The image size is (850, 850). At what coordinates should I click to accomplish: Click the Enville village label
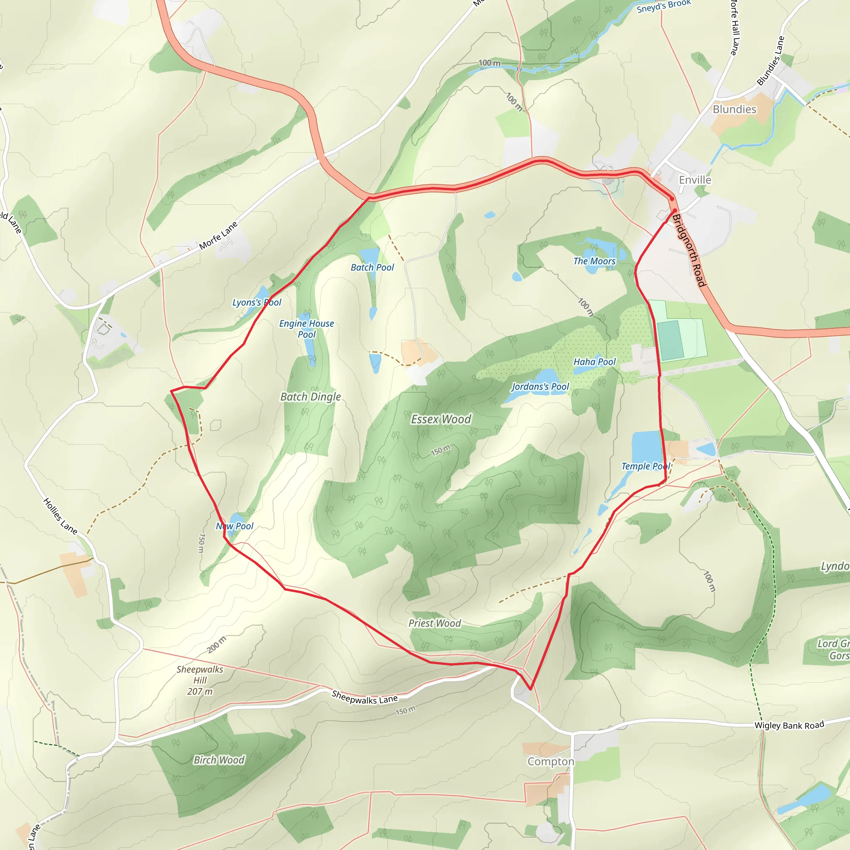pyautogui.click(x=695, y=180)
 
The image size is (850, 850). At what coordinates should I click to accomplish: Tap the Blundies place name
pyautogui.click(x=734, y=109)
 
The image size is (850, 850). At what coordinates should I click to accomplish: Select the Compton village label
pyautogui.click(x=551, y=762)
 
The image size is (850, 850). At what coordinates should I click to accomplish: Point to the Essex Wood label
pyautogui.click(x=441, y=419)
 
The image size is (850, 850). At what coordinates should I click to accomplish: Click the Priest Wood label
pyautogui.click(x=435, y=623)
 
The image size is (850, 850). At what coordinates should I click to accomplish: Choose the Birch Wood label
pyautogui.click(x=219, y=760)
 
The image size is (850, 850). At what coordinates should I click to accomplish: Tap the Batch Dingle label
pyautogui.click(x=310, y=396)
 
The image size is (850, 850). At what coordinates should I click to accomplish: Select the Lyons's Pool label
pyautogui.click(x=257, y=302)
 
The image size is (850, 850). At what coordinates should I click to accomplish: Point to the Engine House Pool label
pyautogui.click(x=307, y=329)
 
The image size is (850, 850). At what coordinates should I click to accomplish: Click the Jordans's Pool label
pyautogui.click(x=540, y=386)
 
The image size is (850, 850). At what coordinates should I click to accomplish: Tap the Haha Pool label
pyautogui.click(x=594, y=361)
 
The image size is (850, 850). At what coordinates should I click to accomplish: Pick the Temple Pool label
pyautogui.click(x=645, y=466)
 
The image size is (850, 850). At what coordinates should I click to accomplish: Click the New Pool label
pyautogui.click(x=234, y=526)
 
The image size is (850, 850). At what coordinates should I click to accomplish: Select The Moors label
pyautogui.click(x=594, y=261)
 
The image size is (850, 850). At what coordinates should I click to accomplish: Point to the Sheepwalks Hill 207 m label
pyautogui.click(x=200, y=680)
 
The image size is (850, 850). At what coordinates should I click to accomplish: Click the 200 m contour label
pyautogui.click(x=217, y=645)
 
